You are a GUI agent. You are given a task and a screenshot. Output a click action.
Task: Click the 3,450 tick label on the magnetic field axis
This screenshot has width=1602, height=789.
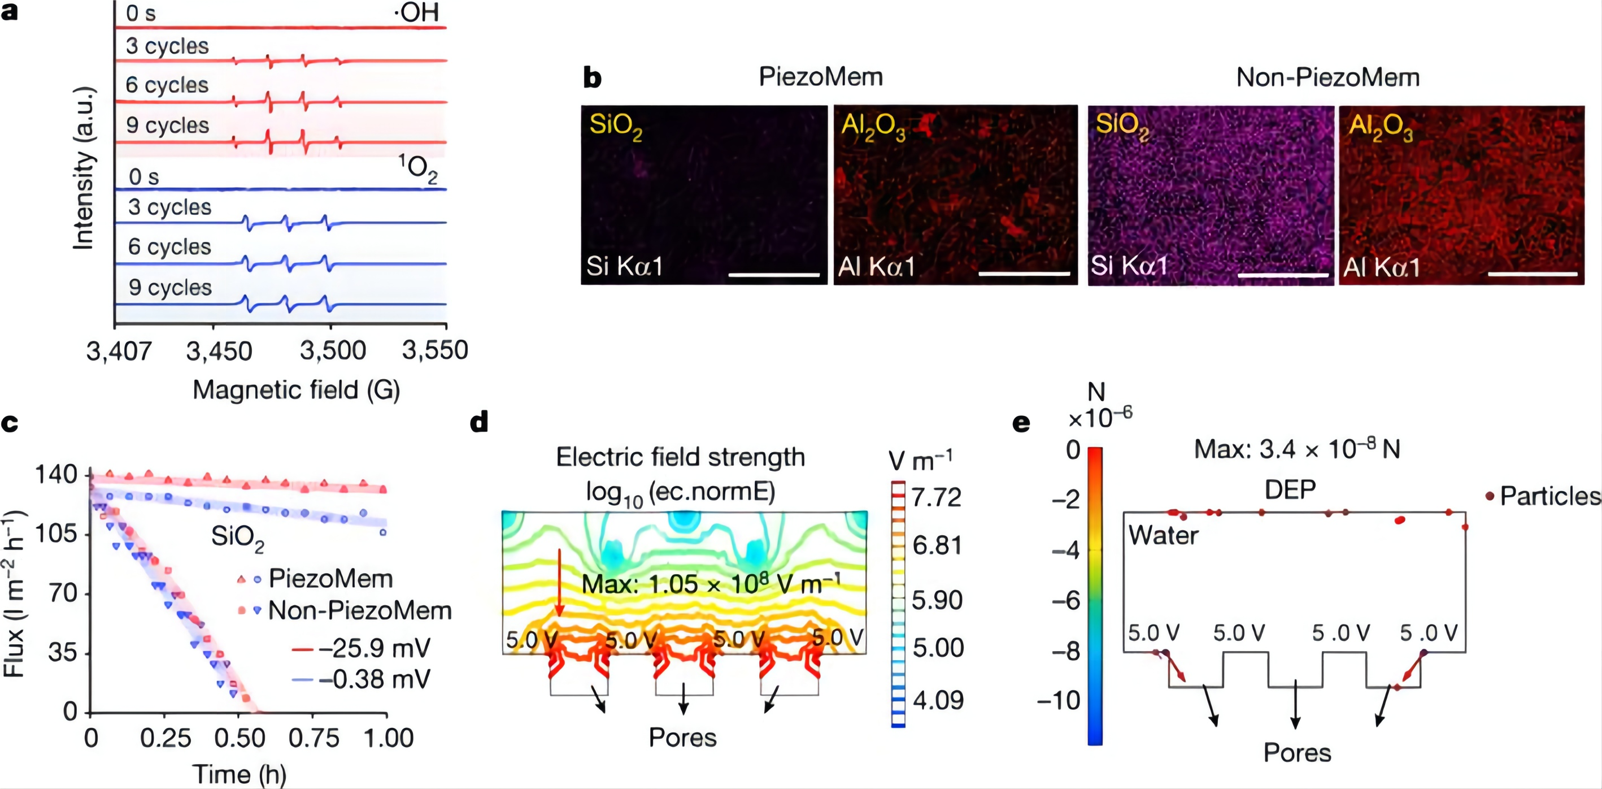click(219, 351)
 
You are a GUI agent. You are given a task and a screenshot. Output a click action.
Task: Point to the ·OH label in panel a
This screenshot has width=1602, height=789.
click(417, 12)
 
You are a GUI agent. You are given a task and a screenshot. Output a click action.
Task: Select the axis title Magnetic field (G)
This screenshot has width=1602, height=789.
click(296, 390)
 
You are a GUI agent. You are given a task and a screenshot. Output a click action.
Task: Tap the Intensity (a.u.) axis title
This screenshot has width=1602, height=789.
click(84, 168)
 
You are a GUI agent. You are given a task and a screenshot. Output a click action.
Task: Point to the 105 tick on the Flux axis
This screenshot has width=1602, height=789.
click(55, 534)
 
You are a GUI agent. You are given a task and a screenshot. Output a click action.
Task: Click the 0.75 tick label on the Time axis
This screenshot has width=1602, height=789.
click(314, 739)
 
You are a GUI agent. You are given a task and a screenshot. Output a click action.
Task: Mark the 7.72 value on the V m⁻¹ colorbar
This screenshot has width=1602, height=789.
click(936, 497)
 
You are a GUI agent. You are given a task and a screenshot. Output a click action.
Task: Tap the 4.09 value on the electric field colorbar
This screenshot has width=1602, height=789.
click(938, 701)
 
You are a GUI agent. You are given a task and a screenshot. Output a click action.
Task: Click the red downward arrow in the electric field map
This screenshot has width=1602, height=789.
click(559, 582)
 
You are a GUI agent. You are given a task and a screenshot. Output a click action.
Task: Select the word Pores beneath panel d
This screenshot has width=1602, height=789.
click(682, 738)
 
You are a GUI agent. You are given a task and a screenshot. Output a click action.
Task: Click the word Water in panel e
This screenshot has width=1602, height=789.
click(1163, 535)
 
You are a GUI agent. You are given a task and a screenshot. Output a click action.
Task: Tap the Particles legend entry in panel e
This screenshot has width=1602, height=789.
click(1548, 496)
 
